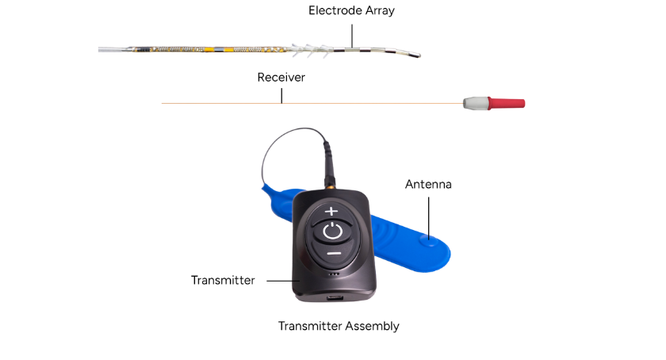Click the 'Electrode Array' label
pos(351,10)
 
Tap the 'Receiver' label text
pos(281,78)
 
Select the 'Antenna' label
pos(428,184)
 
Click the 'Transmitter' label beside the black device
pos(223,280)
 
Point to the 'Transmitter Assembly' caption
pos(339,326)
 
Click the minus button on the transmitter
pos(335,253)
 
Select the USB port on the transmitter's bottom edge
pos(335,297)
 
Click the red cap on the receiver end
pos(507,103)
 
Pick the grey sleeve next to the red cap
pos(476,103)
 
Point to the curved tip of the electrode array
pos(419,55)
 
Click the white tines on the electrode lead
pos(310,50)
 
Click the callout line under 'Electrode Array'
pos(352,36)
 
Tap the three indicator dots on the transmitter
pos(335,274)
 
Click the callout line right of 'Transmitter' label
pos(283,281)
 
